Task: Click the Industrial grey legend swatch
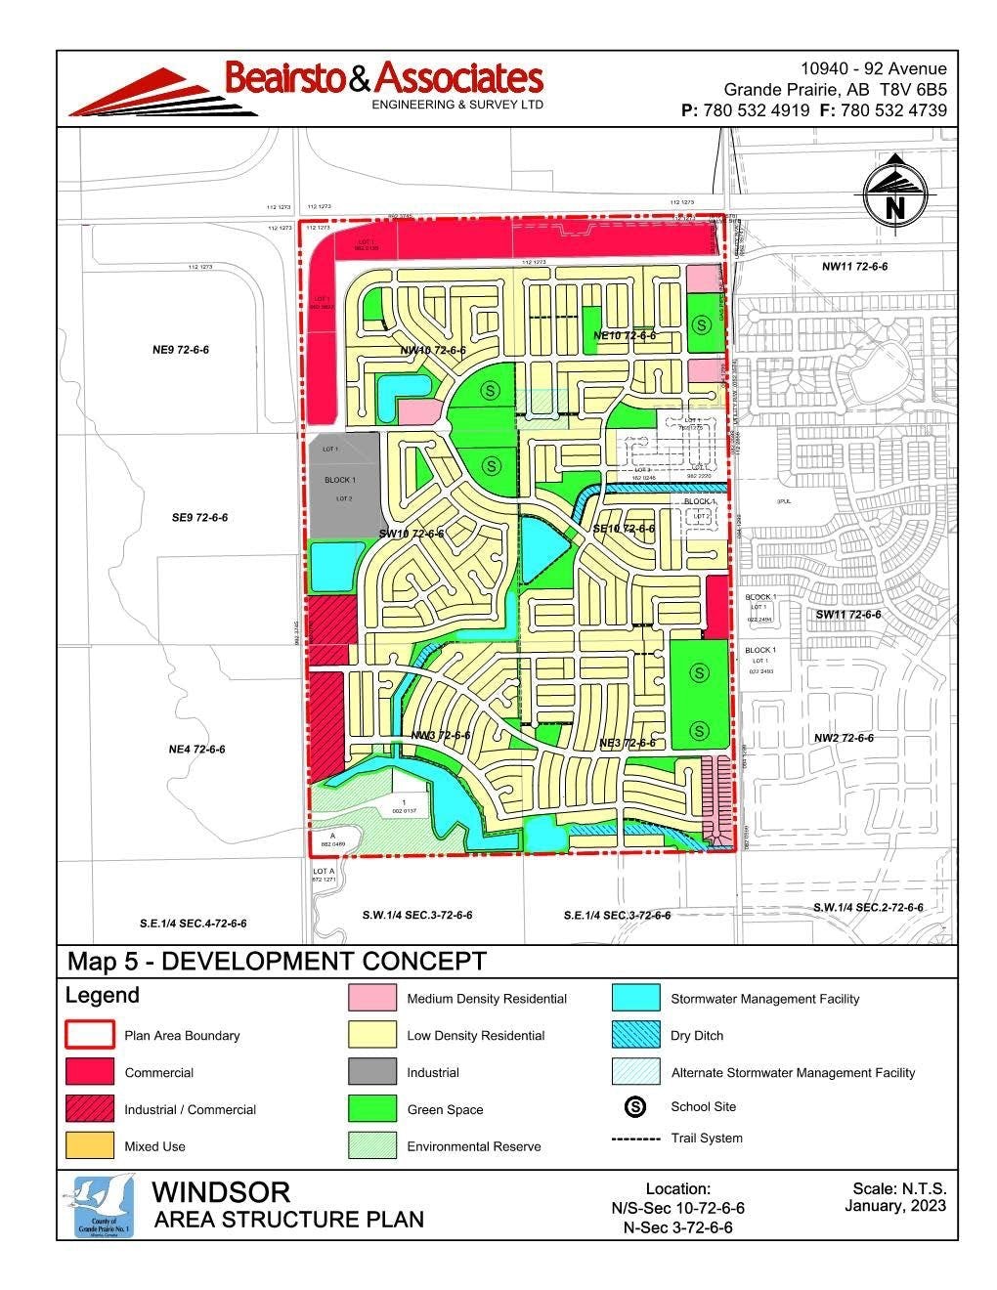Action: [x=371, y=1072]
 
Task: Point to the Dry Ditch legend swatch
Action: [x=636, y=1035]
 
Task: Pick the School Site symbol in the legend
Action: [x=636, y=1106]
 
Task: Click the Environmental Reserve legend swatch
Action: [x=371, y=1145]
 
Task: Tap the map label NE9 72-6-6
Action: [x=181, y=350]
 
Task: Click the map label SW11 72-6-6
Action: [x=847, y=615]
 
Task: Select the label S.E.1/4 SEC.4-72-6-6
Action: [x=193, y=923]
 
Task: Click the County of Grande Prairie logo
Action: [x=104, y=1207]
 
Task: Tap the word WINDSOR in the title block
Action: [x=222, y=1192]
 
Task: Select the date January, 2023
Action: [x=894, y=1206]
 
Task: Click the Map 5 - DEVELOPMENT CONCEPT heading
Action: [x=276, y=962]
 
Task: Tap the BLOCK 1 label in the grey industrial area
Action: [x=340, y=480]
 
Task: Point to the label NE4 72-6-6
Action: [x=196, y=750]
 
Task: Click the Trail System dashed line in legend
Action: [x=635, y=1139]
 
